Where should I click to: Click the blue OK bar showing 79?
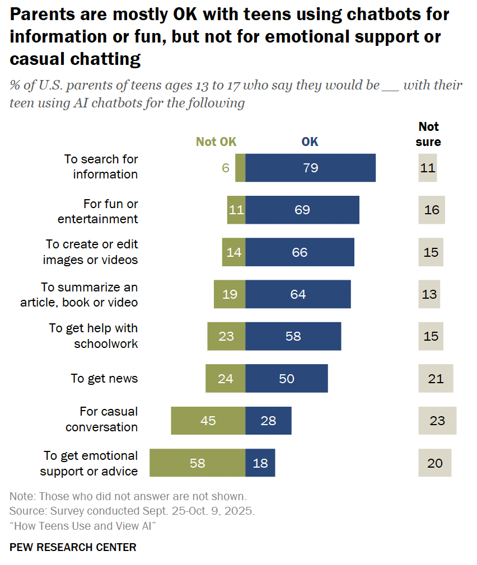pyautogui.click(x=310, y=167)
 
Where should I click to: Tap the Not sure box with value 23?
pyautogui.click(x=437, y=421)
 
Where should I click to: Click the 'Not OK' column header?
pyautogui.click(x=216, y=142)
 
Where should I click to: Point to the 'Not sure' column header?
pyautogui.click(x=428, y=134)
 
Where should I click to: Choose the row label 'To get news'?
pyautogui.click(x=104, y=379)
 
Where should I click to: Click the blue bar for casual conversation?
pyautogui.click(x=268, y=421)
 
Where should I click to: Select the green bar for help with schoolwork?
pyautogui.click(x=226, y=336)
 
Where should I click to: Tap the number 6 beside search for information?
pyautogui.click(x=226, y=167)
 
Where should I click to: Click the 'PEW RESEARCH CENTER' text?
pyautogui.click(x=73, y=547)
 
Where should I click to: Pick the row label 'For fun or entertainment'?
pyautogui.click(x=98, y=210)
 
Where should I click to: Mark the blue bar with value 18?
pyautogui.click(x=260, y=463)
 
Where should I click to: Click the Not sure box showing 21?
pyautogui.click(x=436, y=379)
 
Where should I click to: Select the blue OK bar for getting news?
pyautogui.click(x=287, y=379)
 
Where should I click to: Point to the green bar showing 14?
pyautogui.click(x=233, y=252)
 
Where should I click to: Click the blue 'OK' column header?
pyautogui.click(x=310, y=142)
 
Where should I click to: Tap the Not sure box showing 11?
pyautogui.click(x=428, y=167)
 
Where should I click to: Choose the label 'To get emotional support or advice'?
pyautogui.click(x=89, y=463)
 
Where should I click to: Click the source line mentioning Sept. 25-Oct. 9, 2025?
pyautogui.click(x=132, y=511)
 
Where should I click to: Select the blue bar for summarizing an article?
pyautogui.click(x=298, y=294)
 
